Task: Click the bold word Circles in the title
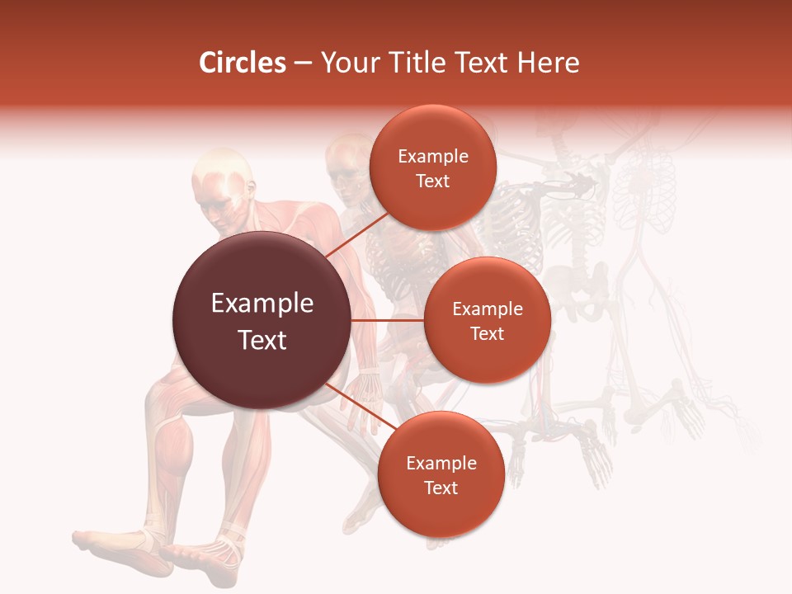tap(243, 63)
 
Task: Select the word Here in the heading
tap(549, 63)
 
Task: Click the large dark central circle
tap(262, 320)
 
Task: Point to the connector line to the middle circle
tap(388, 320)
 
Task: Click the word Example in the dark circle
tap(262, 304)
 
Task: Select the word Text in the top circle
tap(433, 181)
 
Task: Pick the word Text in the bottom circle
tap(441, 488)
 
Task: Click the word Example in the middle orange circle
tap(488, 309)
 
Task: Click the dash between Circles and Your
tap(303, 64)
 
